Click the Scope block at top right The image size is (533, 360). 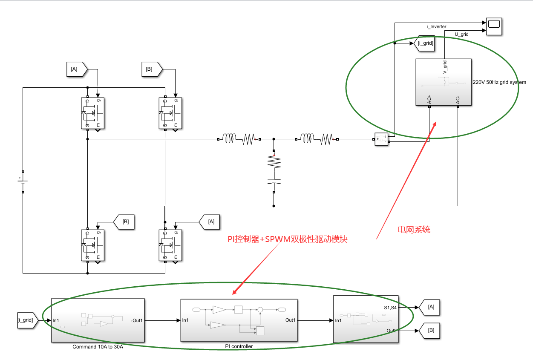(494, 27)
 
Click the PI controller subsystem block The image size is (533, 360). (239, 320)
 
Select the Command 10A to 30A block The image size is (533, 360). (98, 320)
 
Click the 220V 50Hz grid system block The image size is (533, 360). (443, 82)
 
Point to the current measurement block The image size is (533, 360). (381, 139)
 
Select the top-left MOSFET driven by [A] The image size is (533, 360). (93, 113)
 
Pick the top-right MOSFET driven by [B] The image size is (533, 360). (170, 113)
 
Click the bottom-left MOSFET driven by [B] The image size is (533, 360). (93, 245)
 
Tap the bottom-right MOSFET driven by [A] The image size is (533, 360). (170, 245)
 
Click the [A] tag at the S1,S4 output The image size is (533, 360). (430, 306)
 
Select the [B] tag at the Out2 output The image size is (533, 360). (430, 330)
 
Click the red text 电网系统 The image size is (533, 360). (414, 230)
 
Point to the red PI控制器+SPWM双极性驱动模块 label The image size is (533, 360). (288, 239)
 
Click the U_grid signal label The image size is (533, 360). (461, 34)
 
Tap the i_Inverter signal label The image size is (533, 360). (436, 26)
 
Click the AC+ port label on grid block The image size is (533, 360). (429, 100)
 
